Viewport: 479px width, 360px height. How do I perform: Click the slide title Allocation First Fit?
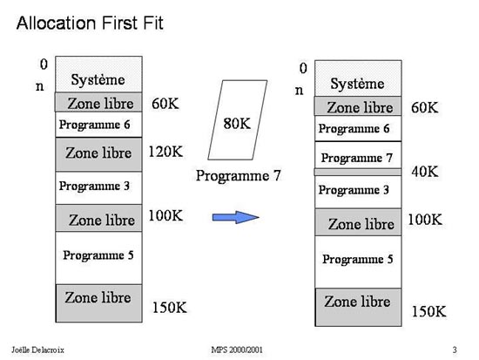tap(90, 24)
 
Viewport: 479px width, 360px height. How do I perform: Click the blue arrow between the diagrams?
tap(235, 217)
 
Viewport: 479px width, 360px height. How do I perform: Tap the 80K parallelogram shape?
tap(238, 120)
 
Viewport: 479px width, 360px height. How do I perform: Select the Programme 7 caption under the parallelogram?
tap(238, 176)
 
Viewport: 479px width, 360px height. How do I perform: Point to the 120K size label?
tap(165, 152)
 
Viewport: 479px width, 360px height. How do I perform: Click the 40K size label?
tap(425, 171)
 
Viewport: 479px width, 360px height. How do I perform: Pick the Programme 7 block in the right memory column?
tap(358, 155)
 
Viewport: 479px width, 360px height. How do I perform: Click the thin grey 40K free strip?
tap(358, 172)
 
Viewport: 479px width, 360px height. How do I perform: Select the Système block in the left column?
tap(98, 74)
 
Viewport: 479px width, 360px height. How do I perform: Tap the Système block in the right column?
tap(358, 78)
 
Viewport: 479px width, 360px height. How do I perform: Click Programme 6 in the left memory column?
tap(98, 125)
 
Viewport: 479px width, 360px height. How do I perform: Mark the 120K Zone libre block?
tap(98, 154)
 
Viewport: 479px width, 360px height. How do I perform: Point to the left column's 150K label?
tap(170, 308)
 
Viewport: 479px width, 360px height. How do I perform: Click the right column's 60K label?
tap(425, 108)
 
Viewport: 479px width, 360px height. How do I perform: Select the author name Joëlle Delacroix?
tap(37, 350)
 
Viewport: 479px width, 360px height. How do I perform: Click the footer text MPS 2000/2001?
tap(237, 350)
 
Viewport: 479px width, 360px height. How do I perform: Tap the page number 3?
tap(455, 350)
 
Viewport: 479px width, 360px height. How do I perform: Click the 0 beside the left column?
tap(44, 65)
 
